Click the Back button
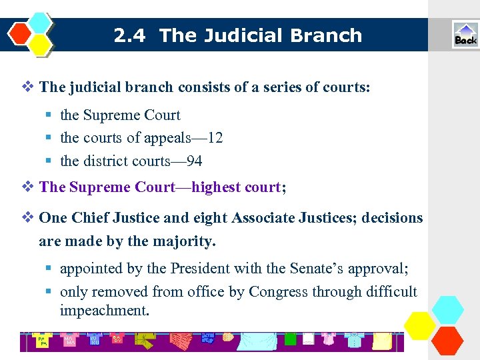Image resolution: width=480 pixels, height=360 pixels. (x=465, y=35)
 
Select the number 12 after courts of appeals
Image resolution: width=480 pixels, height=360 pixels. (x=215, y=138)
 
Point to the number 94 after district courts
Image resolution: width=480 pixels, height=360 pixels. (x=194, y=161)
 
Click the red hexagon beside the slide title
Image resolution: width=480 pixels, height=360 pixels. (x=21, y=32)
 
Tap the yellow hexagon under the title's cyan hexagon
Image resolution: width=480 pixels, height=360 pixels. (x=41, y=45)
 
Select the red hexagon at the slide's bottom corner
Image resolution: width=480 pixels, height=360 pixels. (x=447, y=339)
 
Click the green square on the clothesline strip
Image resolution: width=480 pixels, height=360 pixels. (x=290, y=339)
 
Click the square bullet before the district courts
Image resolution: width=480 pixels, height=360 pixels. (x=49, y=161)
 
